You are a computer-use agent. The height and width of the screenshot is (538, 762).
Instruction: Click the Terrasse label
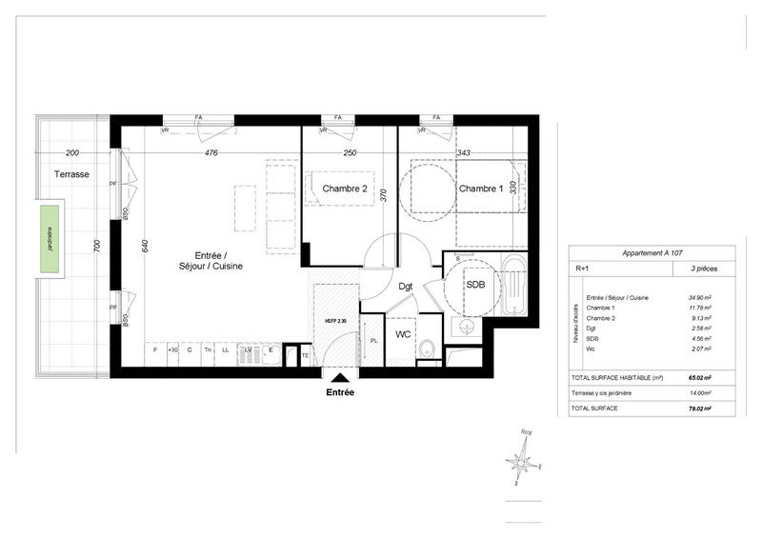click(x=71, y=175)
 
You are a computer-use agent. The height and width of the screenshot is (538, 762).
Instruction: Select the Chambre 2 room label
click(x=345, y=189)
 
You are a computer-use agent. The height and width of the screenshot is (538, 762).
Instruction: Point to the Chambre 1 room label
click(x=481, y=189)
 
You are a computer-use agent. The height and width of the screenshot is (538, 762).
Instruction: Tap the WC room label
click(x=403, y=335)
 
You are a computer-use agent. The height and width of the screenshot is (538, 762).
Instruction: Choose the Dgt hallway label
click(x=405, y=286)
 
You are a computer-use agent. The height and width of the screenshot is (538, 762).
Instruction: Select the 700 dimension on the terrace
click(x=97, y=246)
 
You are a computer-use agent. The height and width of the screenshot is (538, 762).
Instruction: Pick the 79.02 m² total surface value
click(x=701, y=408)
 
